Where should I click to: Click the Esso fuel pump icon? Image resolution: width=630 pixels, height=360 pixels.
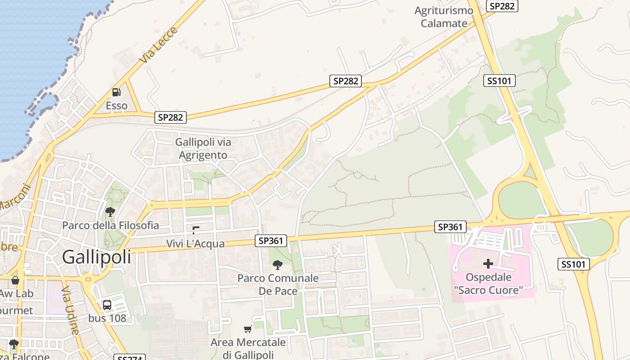coord(116,92)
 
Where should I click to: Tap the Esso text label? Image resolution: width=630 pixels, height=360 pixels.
coord(117,106)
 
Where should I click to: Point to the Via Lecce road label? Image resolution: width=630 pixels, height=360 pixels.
coord(158,45)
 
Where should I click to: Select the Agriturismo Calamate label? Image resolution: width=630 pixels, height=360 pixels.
coord(444,17)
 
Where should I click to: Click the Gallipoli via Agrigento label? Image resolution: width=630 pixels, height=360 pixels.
coord(203,148)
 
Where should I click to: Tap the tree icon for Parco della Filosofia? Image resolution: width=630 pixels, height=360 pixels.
coord(110,211)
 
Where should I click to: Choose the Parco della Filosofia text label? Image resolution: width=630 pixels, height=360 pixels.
coord(111,225)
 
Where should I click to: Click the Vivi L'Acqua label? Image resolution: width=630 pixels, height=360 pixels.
coord(195,243)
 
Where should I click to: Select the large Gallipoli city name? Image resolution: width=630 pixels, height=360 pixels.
coord(97,257)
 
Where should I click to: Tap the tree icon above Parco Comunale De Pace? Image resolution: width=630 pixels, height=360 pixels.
coord(278,265)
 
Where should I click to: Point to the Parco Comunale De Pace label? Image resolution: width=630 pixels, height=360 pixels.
coord(278,284)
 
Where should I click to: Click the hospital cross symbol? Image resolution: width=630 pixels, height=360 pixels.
coord(488,263)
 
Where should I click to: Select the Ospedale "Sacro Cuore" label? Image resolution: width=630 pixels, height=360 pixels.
coord(488,283)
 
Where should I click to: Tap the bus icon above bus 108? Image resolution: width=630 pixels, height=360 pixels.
coord(107,305)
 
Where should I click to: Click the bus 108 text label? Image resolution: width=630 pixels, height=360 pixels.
coord(107,318)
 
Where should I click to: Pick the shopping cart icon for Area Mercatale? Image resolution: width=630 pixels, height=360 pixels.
coord(247,329)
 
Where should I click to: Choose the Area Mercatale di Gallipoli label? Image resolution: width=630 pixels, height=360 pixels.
coord(248,348)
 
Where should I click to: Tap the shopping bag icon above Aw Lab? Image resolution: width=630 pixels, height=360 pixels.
coord(15,280)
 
